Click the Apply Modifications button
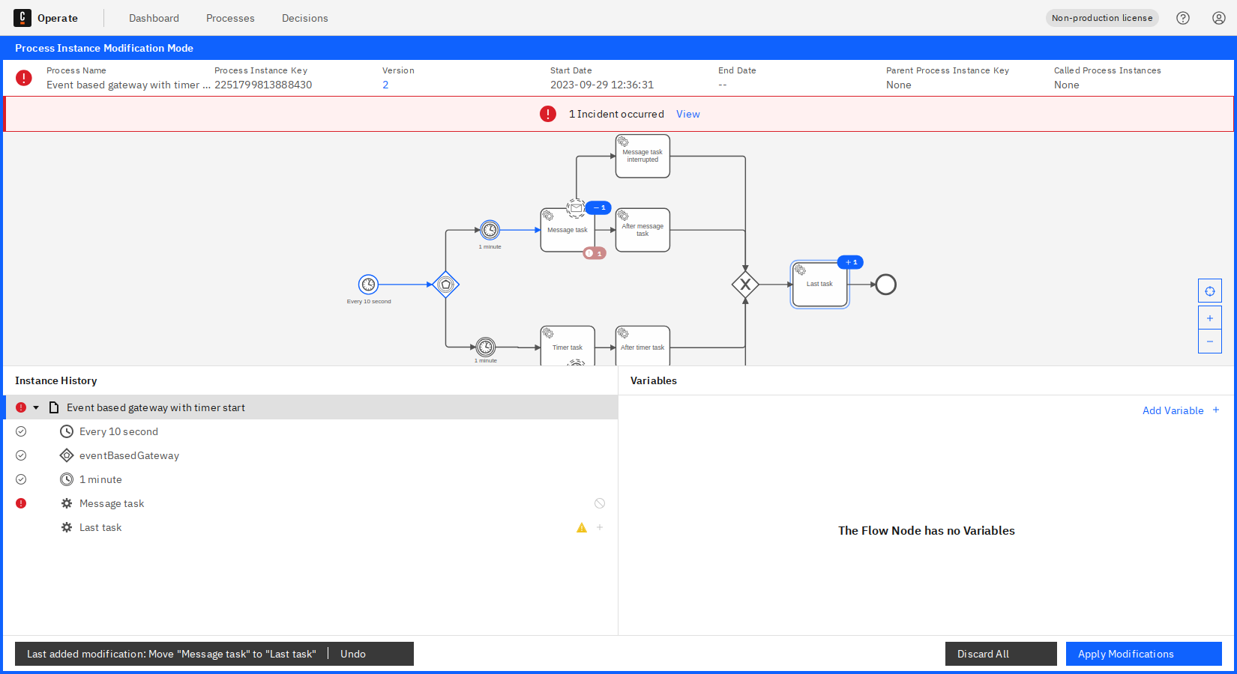click(1143, 654)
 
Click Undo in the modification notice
click(353, 654)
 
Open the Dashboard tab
click(154, 18)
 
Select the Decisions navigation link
click(304, 18)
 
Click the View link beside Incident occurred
click(687, 114)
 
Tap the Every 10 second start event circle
click(368, 285)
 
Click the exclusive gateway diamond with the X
click(745, 285)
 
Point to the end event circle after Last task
click(885, 285)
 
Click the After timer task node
click(642, 347)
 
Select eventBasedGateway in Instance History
click(129, 455)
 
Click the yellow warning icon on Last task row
click(582, 527)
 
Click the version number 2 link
click(385, 85)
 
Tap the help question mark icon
click(1183, 18)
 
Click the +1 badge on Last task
click(851, 262)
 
